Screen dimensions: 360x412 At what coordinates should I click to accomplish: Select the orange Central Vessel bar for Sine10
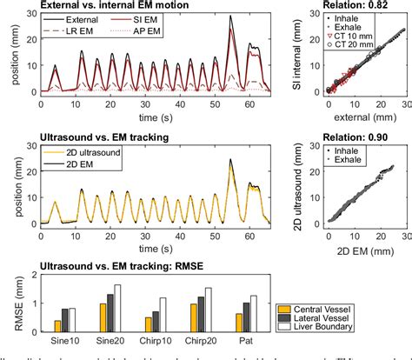[x=58, y=326]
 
